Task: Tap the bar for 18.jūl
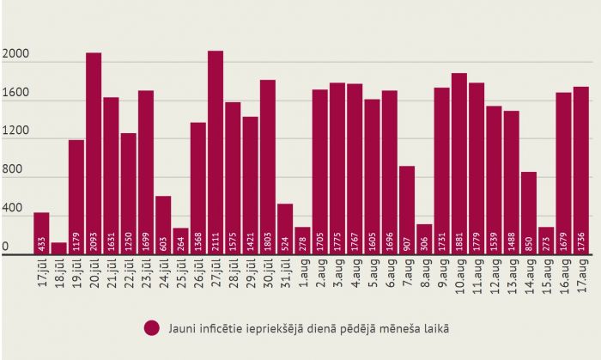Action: (x=59, y=248)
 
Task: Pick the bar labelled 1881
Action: (x=459, y=163)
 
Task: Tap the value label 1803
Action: (x=268, y=241)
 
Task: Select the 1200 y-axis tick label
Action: (x=15, y=132)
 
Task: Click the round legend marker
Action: (x=152, y=327)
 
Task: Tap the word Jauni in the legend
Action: (x=181, y=327)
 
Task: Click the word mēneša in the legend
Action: (x=392, y=327)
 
